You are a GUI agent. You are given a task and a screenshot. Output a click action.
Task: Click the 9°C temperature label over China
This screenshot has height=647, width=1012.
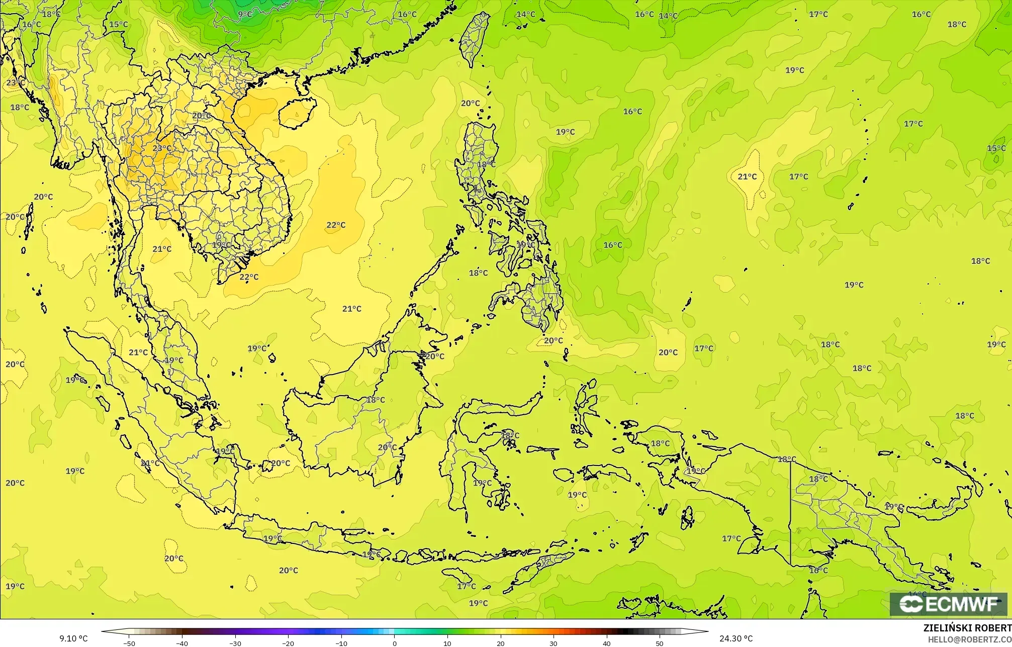[245, 14]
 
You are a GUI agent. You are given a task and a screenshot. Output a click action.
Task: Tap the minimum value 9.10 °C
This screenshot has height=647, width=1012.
[73, 638]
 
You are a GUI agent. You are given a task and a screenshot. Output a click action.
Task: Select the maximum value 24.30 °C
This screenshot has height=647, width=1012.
[736, 638]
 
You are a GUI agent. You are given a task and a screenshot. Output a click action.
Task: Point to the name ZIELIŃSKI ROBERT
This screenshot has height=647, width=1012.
[967, 628]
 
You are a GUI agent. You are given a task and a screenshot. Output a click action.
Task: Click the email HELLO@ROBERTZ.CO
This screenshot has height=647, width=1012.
[970, 639]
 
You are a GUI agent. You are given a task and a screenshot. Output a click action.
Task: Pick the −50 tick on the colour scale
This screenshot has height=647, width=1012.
[129, 643]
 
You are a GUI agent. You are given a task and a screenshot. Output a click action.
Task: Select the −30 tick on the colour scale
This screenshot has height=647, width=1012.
[235, 643]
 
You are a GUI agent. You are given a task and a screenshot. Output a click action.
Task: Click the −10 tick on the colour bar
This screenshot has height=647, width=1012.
[341, 643]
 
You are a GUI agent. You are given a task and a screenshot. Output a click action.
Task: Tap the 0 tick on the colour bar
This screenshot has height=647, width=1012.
[395, 643]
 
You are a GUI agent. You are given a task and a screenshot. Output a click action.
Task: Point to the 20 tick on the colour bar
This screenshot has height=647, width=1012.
[501, 643]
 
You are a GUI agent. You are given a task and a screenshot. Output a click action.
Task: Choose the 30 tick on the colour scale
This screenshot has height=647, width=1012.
[554, 643]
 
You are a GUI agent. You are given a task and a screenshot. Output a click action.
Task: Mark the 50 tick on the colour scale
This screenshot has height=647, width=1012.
[660, 643]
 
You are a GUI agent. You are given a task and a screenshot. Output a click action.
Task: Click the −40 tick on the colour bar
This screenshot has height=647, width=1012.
[182, 643]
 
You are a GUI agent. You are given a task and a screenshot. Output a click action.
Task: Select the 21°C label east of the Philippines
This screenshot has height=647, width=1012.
[747, 176]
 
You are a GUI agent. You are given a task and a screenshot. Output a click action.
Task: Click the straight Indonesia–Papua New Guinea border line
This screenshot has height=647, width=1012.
[791, 513]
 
